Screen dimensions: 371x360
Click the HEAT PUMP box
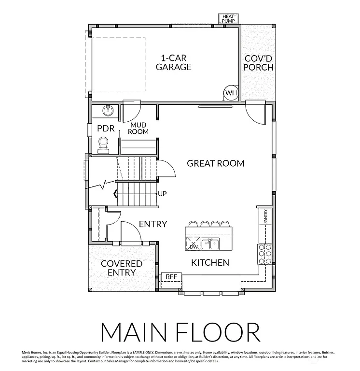(x=228, y=19)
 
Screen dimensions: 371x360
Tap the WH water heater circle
(x=231, y=93)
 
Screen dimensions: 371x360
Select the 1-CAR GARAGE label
(x=174, y=62)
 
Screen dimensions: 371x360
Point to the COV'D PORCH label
(x=258, y=63)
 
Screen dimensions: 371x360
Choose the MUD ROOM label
(x=138, y=128)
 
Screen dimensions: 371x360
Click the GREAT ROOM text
(x=216, y=163)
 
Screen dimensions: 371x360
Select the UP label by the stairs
(x=163, y=194)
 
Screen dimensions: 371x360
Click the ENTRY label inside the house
(x=152, y=224)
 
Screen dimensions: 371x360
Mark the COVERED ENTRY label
(x=121, y=268)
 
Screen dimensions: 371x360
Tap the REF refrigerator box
(x=171, y=277)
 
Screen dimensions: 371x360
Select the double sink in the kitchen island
(x=210, y=243)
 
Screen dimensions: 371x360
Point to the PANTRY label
(x=265, y=216)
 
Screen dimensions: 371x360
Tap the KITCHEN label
(x=210, y=263)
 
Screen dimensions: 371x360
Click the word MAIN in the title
(x=136, y=332)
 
